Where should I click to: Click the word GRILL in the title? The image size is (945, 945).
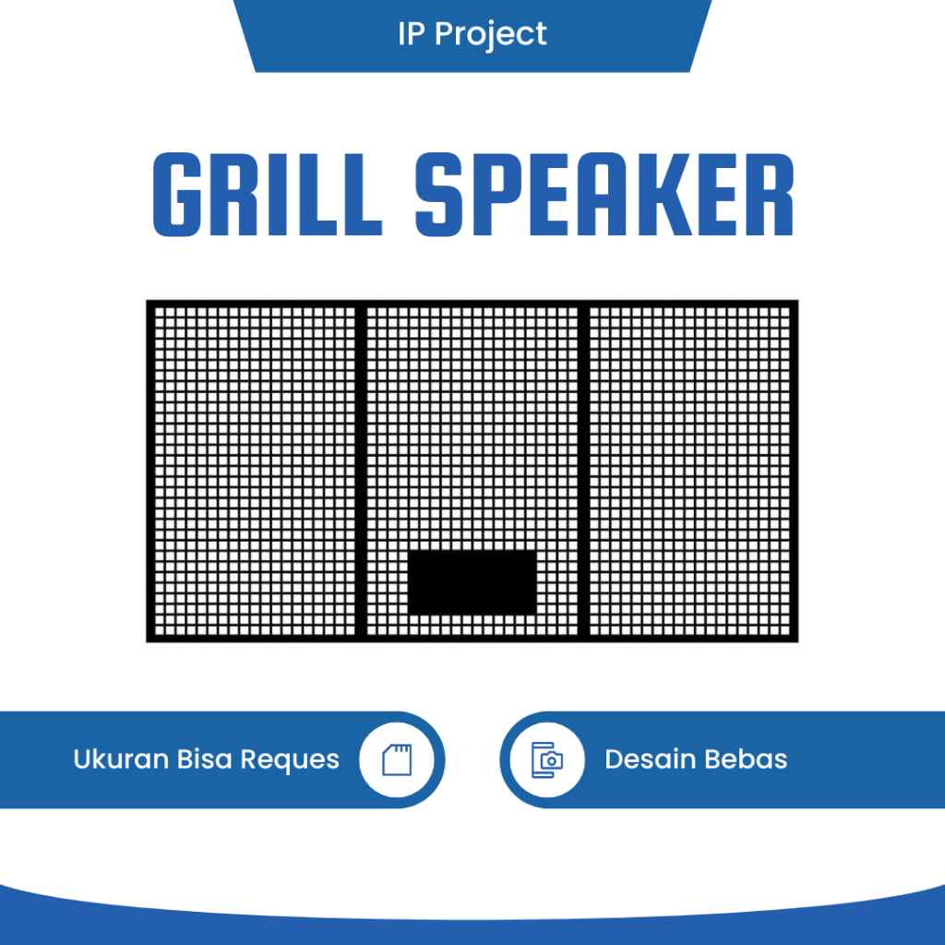267,195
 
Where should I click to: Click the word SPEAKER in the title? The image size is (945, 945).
604,195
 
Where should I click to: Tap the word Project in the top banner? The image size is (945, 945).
490,34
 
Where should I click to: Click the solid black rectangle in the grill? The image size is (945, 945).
472,582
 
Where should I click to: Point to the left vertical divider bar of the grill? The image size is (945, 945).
361,471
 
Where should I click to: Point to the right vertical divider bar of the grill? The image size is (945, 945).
583,471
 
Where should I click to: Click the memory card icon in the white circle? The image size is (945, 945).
397,760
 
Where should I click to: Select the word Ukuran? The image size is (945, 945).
121,760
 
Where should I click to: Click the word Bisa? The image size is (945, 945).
205,760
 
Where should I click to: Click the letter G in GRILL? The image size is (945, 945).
176,195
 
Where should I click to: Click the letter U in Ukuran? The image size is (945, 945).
82,760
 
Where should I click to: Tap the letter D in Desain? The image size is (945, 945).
614,760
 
